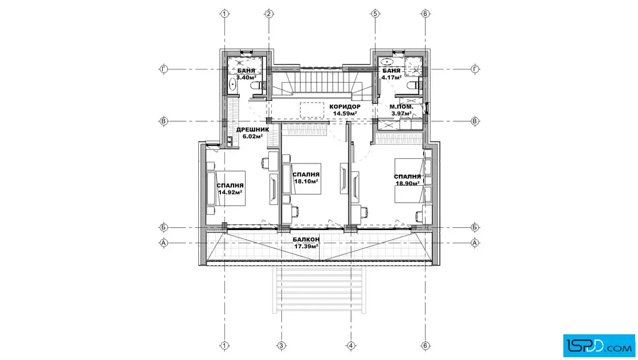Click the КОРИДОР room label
tap(345, 107)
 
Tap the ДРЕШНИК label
tap(253, 130)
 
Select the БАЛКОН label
tap(306, 240)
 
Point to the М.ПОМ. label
tap(401, 107)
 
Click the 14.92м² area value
tap(231, 193)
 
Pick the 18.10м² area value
tap(306, 181)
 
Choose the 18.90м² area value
tap(408, 183)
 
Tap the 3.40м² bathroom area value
tap(246, 77)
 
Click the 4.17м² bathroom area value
tap(391, 77)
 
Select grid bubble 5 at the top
tap(375, 14)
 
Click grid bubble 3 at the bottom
tap(281, 346)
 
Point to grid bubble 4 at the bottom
tap(351, 346)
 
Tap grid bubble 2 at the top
tap(268, 14)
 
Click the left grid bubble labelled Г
tap(163, 69)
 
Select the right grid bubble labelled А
tap(475, 243)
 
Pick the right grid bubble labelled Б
tap(475, 227)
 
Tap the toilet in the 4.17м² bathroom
tap(414, 85)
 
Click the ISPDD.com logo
tap(599, 346)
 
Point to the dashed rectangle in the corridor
tap(312, 110)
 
